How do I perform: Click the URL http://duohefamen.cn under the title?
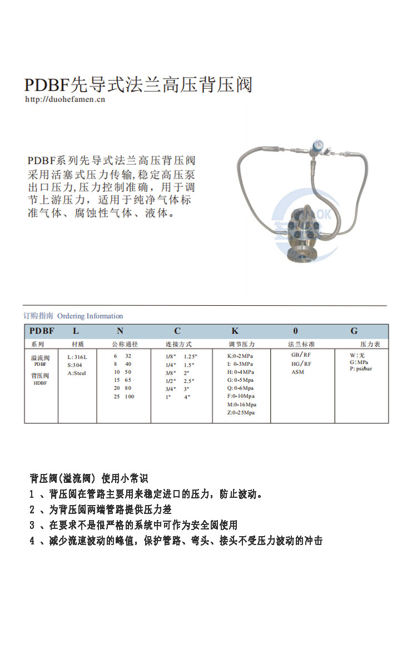(65, 100)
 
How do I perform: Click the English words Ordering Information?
(90, 316)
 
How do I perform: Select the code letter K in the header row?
(235, 331)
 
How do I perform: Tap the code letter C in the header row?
(177, 331)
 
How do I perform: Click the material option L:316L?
(77, 357)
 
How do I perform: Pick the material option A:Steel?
(77, 373)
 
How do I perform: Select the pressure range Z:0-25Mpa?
(241, 413)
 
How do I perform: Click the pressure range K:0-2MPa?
(241, 356)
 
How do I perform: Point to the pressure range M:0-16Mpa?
(241, 405)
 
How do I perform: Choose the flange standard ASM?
(298, 372)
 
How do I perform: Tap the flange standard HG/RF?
(301, 364)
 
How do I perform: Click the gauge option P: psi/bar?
(361, 369)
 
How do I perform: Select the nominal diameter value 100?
(129, 397)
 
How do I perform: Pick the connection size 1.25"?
(190, 356)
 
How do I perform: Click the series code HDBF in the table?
(41, 383)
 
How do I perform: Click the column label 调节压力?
(241, 345)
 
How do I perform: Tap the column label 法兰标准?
(301, 345)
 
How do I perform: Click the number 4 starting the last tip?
(32, 541)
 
